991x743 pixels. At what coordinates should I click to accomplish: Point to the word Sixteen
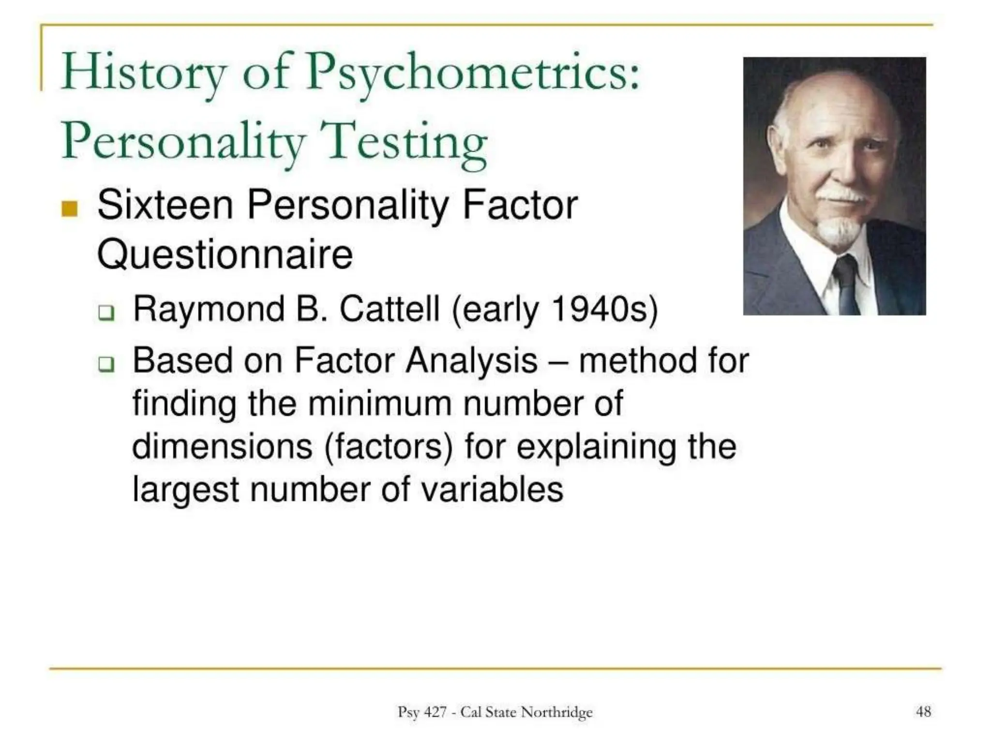pos(165,205)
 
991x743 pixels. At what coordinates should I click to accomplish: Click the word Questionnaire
pos(225,254)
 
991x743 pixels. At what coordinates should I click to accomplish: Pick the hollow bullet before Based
pos(106,364)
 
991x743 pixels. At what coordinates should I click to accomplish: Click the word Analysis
pos(471,361)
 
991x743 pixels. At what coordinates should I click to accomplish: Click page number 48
pos(923,712)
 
